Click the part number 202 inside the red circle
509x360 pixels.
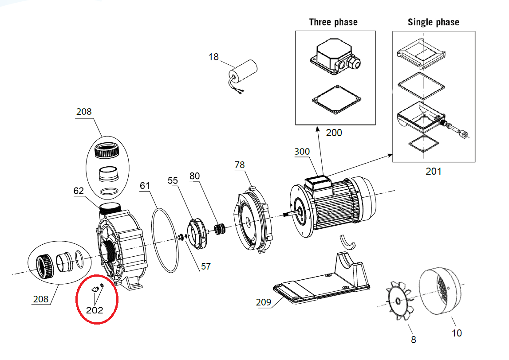coord(95,310)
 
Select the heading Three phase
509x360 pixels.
coord(333,22)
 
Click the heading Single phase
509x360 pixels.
coord(434,22)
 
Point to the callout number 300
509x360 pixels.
coord(302,152)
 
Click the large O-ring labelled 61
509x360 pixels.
coord(165,240)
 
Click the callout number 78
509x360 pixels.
coord(240,165)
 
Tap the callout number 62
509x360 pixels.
coord(79,191)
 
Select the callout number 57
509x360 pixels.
coord(206,266)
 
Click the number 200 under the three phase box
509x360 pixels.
coord(334,133)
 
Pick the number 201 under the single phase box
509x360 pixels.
coord(434,171)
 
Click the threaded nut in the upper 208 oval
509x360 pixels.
coord(107,150)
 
